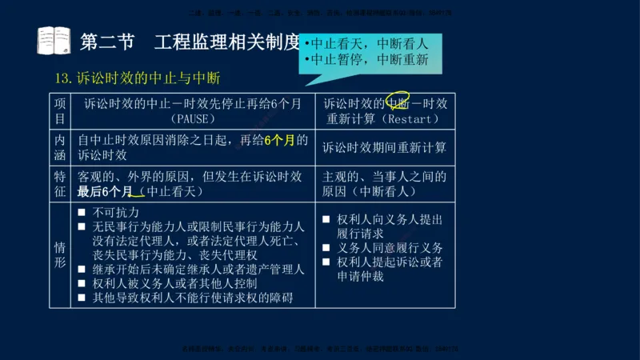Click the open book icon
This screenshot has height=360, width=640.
tap(54, 40)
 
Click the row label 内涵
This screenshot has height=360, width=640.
tap(59, 147)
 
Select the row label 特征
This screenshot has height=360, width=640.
tap(59, 183)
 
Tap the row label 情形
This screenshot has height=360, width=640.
tap(59, 254)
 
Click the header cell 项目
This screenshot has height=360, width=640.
tap(59, 110)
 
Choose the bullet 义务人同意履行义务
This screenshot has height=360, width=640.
tap(390, 248)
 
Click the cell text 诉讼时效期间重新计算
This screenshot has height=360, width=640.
tap(385, 148)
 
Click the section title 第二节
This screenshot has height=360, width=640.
tap(108, 41)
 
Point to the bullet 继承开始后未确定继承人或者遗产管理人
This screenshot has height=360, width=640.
tap(198, 269)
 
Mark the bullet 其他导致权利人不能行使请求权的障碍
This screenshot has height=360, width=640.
tap(192, 298)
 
